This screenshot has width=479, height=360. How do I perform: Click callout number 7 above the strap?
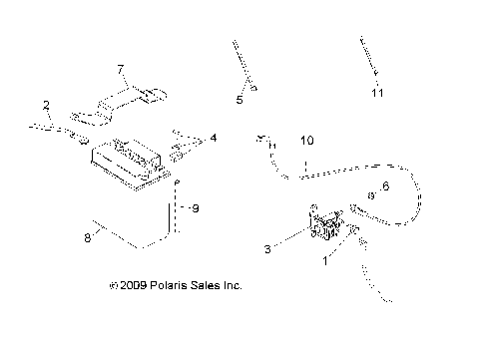(x=120, y=69)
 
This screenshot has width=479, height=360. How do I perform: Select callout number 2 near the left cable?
(x=46, y=105)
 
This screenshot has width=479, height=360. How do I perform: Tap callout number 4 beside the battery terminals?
(x=212, y=138)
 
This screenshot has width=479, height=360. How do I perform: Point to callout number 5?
(x=239, y=100)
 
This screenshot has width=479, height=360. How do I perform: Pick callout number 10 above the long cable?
(x=306, y=142)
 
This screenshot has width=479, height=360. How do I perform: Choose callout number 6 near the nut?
(x=385, y=186)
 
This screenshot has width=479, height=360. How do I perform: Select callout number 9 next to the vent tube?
(x=196, y=208)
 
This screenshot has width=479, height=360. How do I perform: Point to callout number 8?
(x=87, y=237)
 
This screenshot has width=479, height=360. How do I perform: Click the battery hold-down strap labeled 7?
(x=125, y=103)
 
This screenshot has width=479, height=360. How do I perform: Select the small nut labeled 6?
(x=371, y=193)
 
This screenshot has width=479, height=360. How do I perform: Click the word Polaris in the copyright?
(x=170, y=286)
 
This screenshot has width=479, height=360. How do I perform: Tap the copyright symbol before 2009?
(x=113, y=286)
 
